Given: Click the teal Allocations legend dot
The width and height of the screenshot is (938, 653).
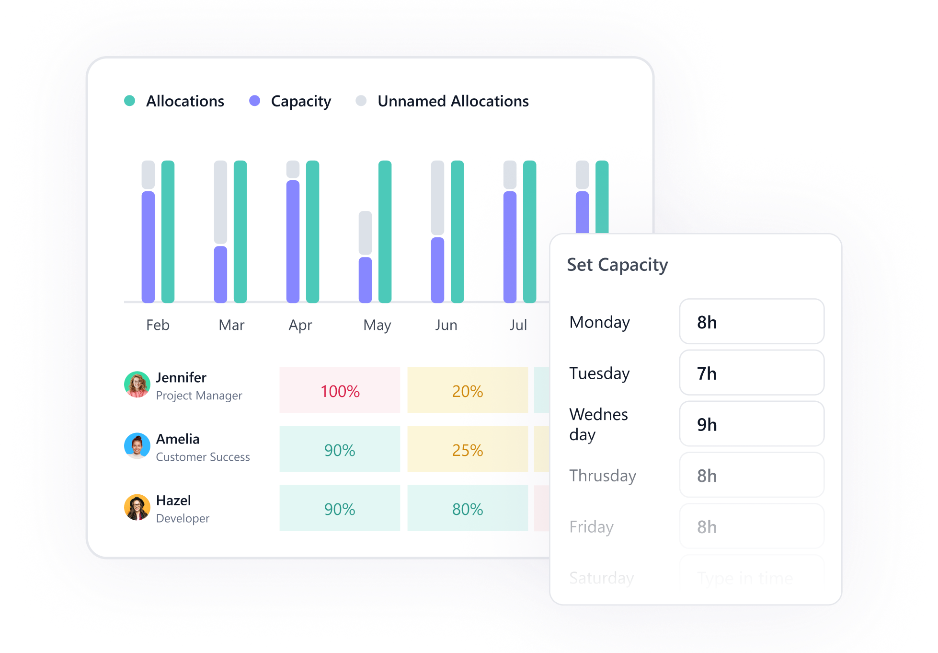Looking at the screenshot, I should coord(129,101).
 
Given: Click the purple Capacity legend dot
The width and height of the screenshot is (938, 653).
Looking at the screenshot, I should coord(255,101).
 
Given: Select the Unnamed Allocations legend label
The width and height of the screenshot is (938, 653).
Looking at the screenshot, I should coord(453,101).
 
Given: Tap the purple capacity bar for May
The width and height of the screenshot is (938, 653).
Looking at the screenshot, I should coord(365,280).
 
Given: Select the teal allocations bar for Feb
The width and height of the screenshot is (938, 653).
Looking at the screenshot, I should coord(168,231).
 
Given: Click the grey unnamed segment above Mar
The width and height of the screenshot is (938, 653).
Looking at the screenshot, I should coord(220,202).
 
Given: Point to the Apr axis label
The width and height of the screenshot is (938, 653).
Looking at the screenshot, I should coord(300,325).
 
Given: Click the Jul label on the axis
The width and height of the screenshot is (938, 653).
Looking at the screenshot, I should coord(518,325).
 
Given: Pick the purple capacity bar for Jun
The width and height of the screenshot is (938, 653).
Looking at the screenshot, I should coord(437,270).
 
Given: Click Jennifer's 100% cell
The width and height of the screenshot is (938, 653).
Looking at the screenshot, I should coord(340,390).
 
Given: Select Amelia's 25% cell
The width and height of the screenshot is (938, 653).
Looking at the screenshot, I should coord(467,449).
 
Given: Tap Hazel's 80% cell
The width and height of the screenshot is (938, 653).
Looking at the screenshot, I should coord(467,508).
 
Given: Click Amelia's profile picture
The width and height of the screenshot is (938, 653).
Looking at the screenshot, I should coord(137,446).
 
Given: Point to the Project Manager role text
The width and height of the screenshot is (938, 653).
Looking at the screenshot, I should coord(199,396).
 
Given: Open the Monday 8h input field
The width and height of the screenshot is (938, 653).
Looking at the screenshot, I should coord(751,322).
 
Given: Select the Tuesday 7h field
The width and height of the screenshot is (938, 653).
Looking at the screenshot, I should coord(751,373).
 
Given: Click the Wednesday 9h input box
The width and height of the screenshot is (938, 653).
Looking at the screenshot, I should coord(751,424).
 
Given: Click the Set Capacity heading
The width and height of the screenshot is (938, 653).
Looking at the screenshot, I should coord(617,265).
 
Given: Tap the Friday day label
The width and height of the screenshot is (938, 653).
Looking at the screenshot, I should coord(591,527).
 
